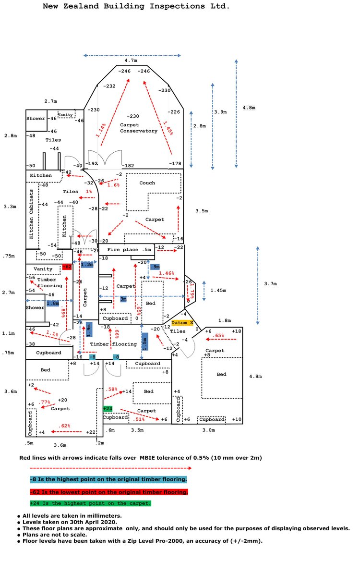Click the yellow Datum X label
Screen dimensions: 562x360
click(x=182, y=323)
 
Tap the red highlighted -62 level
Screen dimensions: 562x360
click(x=67, y=267)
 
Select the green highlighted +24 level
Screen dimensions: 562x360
click(x=108, y=409)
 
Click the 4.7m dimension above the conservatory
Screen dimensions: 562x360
click(x=131, y=61)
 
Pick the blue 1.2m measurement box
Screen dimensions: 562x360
click(x=87, y=265)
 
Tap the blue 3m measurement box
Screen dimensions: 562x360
click(x=123, y=299)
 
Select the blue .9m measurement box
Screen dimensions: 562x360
click(x=155, y=267)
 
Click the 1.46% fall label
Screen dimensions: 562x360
click(x=166, y=273)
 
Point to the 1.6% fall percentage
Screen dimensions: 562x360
click(x=113, y=185)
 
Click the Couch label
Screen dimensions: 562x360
click(x=147, y=183)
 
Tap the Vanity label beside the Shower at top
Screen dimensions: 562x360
click(x=65, y=115)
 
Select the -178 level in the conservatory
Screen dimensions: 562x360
click(x=175, y=164)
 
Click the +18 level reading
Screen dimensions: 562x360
click(x=237, y=331)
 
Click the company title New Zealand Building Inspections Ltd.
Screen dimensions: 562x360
click(x=136, y=7)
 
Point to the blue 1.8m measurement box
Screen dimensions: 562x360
click(x=53, y=304)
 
